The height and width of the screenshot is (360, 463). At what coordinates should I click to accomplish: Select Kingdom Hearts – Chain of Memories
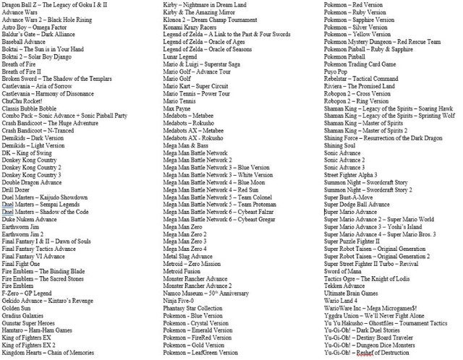point(48,353)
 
